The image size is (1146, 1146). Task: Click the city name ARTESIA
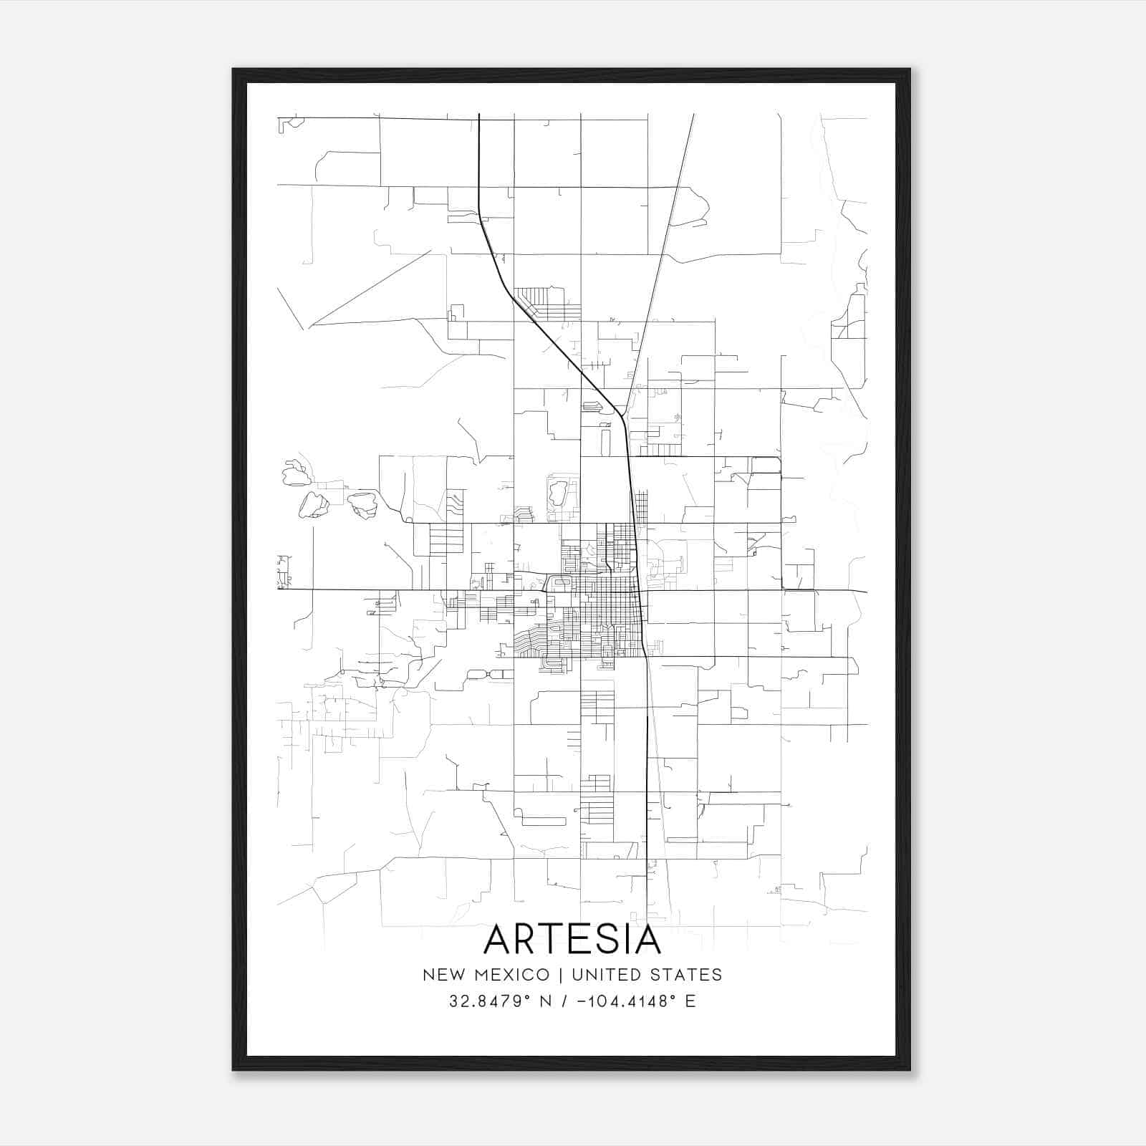tap(572, 940)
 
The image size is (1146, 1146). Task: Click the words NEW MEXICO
tap(486, 975)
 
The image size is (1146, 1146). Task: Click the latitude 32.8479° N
tap(500, 1001)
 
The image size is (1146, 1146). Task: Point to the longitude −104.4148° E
tap(635, 1001)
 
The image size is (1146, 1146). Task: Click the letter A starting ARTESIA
tap(500, 940)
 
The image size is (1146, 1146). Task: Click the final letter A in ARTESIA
tap(646, 940)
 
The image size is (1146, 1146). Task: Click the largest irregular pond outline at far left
tap(314, 505)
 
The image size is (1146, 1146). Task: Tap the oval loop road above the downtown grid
tap(557, 494)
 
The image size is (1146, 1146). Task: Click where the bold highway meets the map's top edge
tap(478, 115)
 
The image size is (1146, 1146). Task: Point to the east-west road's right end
tap(865, 592)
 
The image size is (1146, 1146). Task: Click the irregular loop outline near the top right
tap(689, 208)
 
